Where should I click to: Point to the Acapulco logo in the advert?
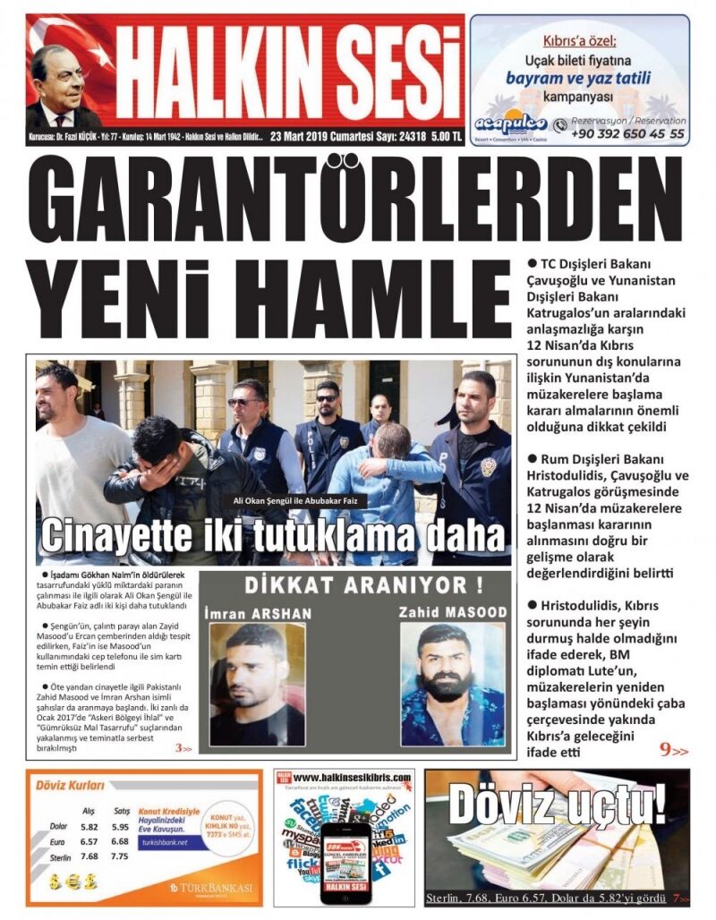(x=511, y=125)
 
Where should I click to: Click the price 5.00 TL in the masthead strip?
(x=445, y=137)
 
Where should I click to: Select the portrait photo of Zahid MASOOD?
(x=452, y=685)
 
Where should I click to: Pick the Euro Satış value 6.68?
(x=120, y=841)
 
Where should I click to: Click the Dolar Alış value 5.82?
(x=89, y=827)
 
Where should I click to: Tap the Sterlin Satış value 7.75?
(x=120, y=856)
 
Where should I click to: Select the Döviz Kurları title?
(x=69, y=786)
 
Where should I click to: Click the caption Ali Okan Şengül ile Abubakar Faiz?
(x=294, y=500)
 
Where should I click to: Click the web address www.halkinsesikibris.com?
(x=352, y=778)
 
